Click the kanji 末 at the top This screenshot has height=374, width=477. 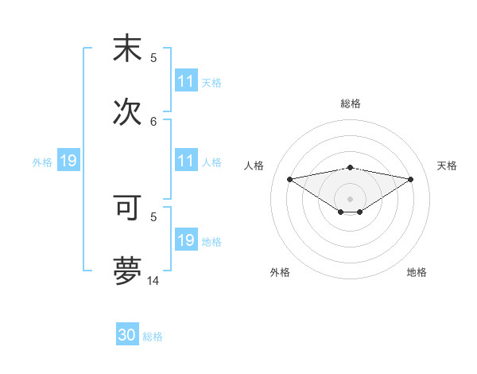pyautogui.click(x=127, y=49)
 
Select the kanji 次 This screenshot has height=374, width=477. pyautogui.click(x=127, y=112)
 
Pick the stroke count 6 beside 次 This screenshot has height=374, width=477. pyautogui.click(x=154, y=121)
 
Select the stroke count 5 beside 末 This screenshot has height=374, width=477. pyautogui.click(x=154, y=57)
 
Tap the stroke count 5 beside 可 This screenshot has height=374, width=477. pyautogui.click(x=154, y=216)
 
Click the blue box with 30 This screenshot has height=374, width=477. pyautogui.click(x=127, y=335)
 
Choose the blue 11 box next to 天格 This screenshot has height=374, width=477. pyautogui.click(x=186, y=81)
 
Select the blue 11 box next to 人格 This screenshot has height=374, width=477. pyautogui.click(x=186, y=161)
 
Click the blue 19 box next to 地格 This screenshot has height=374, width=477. pyautogui.click(x=186, y=240)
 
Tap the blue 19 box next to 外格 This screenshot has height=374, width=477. pyautogui.click(x=68, y=161)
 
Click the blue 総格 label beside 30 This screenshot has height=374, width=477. pyautogui.click(x=153, y=337)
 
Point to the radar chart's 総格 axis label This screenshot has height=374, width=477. pyautogui.click(x=351, y=103)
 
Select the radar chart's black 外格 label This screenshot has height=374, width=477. pyautogui.click(x=280, y=272)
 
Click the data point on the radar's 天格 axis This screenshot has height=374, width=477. pyautogui.click(x=411, y=179)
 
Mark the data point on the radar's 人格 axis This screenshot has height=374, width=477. pyautogui.click(x=290, y=179)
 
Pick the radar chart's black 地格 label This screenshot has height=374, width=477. pyautogui.click(x=417, y=272)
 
